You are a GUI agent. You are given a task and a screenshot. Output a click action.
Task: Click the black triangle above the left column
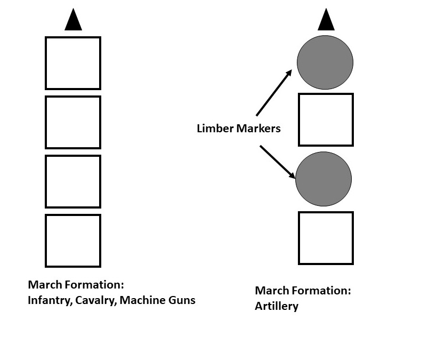(x=74, y=20)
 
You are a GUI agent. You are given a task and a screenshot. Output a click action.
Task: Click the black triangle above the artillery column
(x=326, y=20)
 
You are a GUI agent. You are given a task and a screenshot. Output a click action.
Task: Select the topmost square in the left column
(x=73, y=63)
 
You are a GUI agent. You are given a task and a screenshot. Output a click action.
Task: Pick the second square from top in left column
(x=73, y=122)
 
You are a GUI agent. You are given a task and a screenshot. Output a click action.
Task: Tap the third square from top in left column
(x=73, y=181)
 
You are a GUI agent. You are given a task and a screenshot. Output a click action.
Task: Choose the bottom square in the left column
(x=73, y=241)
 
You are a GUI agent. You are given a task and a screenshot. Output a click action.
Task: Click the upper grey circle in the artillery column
(x=325, y=62)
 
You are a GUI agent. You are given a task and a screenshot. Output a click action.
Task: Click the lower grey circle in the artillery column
(x=323, y=179)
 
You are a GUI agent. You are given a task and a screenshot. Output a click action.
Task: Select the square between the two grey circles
(x=326, y=120)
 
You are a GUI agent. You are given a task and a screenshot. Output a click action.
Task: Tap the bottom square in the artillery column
(x=326, y=238)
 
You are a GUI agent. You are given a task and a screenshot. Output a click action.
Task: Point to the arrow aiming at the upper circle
(x=274, y=93)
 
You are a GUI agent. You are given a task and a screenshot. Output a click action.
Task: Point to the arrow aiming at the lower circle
(x=278, y=161)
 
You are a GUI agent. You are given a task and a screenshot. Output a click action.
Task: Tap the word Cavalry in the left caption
(x=96, y=300)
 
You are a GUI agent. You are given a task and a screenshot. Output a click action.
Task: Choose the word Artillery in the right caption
(x=277, y=306)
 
